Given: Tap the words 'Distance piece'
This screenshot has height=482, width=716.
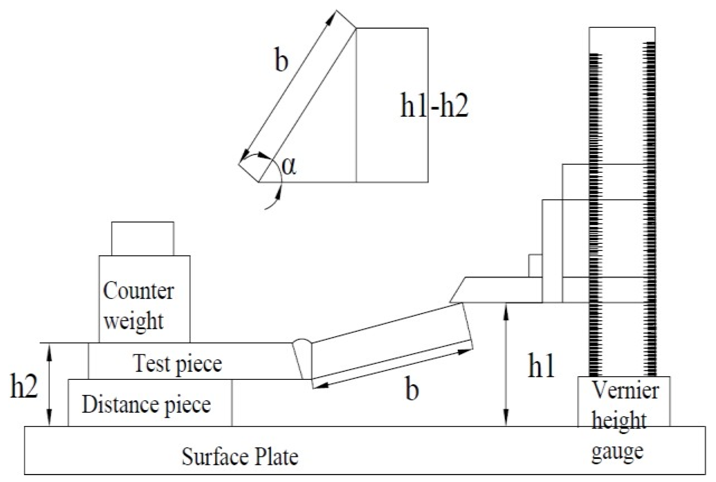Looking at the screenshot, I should (x=146, y=404).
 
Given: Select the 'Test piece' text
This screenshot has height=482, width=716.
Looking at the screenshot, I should (x=178, y=364).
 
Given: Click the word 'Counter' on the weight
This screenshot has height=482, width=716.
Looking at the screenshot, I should (x=138, y=291).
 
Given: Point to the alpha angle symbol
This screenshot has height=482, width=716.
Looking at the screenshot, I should (x=289, y=167).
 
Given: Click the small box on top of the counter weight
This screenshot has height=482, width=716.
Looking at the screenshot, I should (x=142, y=239).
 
